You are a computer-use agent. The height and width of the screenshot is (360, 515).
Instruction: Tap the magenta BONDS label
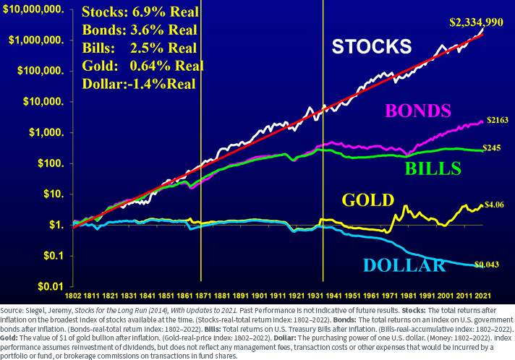click(x=418, y=111)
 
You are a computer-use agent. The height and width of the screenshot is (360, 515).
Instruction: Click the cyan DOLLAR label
click(x=404, y=265)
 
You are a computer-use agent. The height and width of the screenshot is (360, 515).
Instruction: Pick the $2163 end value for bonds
click(x=497, y=119)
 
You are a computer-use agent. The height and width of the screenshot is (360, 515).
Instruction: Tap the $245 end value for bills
click(x=495, y=148)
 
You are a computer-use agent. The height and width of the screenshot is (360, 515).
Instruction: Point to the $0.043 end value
click(x=488, y=265)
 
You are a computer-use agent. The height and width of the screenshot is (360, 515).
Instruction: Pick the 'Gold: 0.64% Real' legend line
click(x=142, y=65)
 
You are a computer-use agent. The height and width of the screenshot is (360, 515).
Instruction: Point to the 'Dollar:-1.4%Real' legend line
click(x=139, y=82)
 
